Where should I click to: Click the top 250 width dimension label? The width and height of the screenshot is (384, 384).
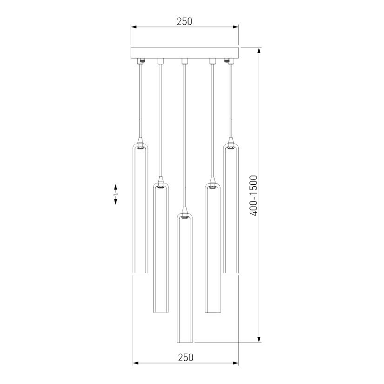tap(184, 21)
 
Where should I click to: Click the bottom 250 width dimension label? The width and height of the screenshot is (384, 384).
tap(185, 357)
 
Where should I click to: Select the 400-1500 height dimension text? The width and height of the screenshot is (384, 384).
tap(254, 195)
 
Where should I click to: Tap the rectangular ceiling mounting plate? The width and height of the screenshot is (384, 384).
tap(185, 53)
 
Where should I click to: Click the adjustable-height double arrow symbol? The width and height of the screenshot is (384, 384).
tap(115, 194)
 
